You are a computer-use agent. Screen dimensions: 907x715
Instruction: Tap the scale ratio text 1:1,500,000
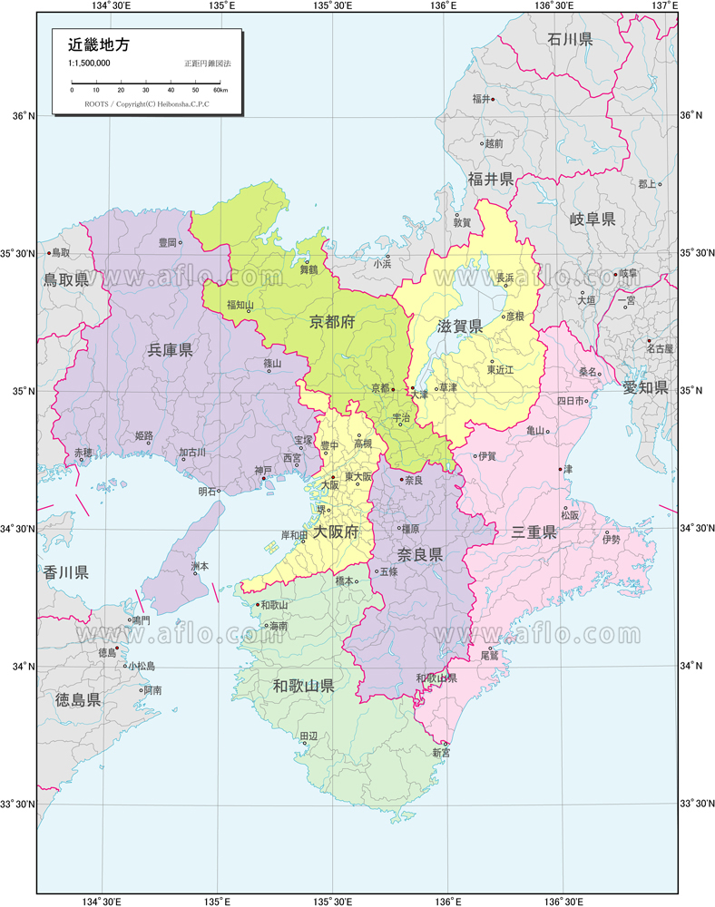89,63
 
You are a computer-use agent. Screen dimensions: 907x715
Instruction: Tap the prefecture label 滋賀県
459,326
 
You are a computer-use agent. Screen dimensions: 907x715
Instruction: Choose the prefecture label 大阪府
336,532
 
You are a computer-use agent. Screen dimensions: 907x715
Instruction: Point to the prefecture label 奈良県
420,554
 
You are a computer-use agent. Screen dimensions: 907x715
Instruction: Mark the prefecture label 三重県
534,532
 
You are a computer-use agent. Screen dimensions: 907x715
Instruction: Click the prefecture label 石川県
570,39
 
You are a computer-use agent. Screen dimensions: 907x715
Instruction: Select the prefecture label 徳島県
78,699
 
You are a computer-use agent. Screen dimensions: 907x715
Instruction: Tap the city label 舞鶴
309,269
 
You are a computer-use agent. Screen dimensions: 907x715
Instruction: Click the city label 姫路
143,436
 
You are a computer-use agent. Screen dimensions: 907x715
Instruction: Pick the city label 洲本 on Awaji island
200,566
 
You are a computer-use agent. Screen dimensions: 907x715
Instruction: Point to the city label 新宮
440,753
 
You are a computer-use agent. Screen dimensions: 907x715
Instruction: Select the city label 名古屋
660,348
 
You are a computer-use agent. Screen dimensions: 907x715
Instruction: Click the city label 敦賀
462,222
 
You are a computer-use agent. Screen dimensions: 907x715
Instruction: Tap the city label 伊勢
611,540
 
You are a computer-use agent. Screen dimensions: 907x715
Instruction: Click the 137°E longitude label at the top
666,6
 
